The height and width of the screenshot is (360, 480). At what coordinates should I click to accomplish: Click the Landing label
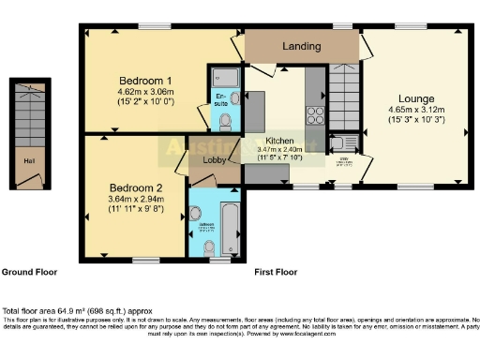(301, 45)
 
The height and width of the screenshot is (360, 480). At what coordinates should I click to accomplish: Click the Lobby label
(213, 159)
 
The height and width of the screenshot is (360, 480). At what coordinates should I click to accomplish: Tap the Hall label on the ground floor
(30, 159)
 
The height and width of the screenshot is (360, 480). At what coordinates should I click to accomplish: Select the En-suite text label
(222, 97)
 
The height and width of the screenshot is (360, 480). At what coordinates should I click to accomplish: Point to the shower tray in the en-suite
(227, 78)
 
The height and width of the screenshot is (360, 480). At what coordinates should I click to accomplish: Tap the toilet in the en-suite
(234, 97)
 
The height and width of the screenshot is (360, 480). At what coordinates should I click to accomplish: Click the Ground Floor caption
(29, 272)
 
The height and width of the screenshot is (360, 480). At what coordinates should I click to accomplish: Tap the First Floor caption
(276, 272)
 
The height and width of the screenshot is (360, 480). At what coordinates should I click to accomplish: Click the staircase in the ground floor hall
(29, 117)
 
